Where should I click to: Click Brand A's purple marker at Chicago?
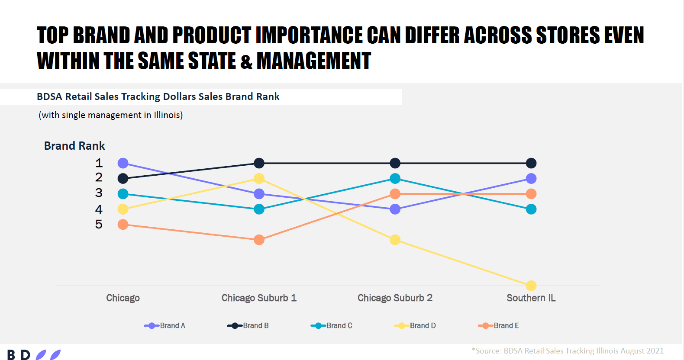coord(123,163)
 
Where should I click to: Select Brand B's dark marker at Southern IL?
coord(531,163)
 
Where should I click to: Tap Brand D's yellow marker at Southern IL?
coord(531,286)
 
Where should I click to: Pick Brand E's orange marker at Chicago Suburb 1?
coord(259,240)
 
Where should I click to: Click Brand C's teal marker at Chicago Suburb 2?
coord(395,178)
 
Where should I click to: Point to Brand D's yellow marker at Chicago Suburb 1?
coord(259,178)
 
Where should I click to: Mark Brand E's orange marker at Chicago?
coord(123,225)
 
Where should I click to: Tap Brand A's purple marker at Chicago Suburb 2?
coord(395,209)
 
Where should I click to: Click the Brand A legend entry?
coord(165,325)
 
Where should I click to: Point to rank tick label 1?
coord(99,163)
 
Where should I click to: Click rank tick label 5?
coord(99,224)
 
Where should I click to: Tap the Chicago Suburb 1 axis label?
coord(259,298)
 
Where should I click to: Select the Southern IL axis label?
coord(531,298)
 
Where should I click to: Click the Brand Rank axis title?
coord(74,146)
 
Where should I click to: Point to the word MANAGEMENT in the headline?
coord(314,61)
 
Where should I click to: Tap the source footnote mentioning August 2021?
coord(568,351)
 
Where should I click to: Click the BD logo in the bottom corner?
coord(34,355)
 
